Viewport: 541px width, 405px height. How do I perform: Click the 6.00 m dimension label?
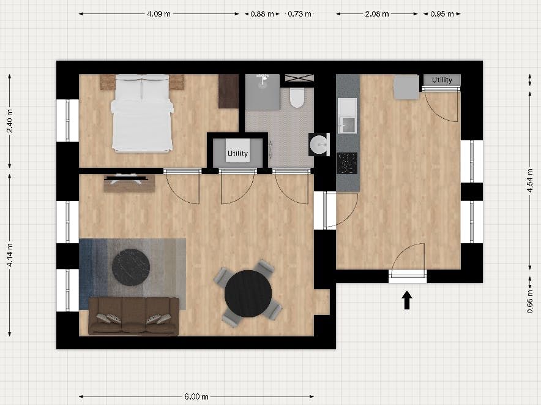pos(196,396)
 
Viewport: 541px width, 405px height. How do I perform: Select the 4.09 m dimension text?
pos(159,13)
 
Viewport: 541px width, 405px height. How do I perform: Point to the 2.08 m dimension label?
pos(378,13)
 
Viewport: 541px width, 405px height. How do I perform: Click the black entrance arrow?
pos(407,300)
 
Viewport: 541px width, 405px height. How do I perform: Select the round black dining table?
pos(248,293)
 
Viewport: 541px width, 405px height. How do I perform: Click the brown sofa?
pos(133,316)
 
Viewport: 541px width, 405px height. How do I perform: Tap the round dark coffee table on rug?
pos(131,267)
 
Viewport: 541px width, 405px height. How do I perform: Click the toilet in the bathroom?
pos(297,97)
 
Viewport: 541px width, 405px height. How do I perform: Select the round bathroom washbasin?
pos(319,145)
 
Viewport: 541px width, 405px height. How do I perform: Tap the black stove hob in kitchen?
pos(347,163)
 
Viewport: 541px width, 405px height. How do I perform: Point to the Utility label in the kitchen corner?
pos(442,80)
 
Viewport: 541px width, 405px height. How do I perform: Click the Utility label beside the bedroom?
pos(237,153)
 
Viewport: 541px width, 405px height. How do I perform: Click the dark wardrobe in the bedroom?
pos(228,91)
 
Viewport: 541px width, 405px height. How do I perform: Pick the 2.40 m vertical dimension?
pos(10,123)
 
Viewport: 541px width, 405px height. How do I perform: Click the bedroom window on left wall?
pos(67,120)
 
